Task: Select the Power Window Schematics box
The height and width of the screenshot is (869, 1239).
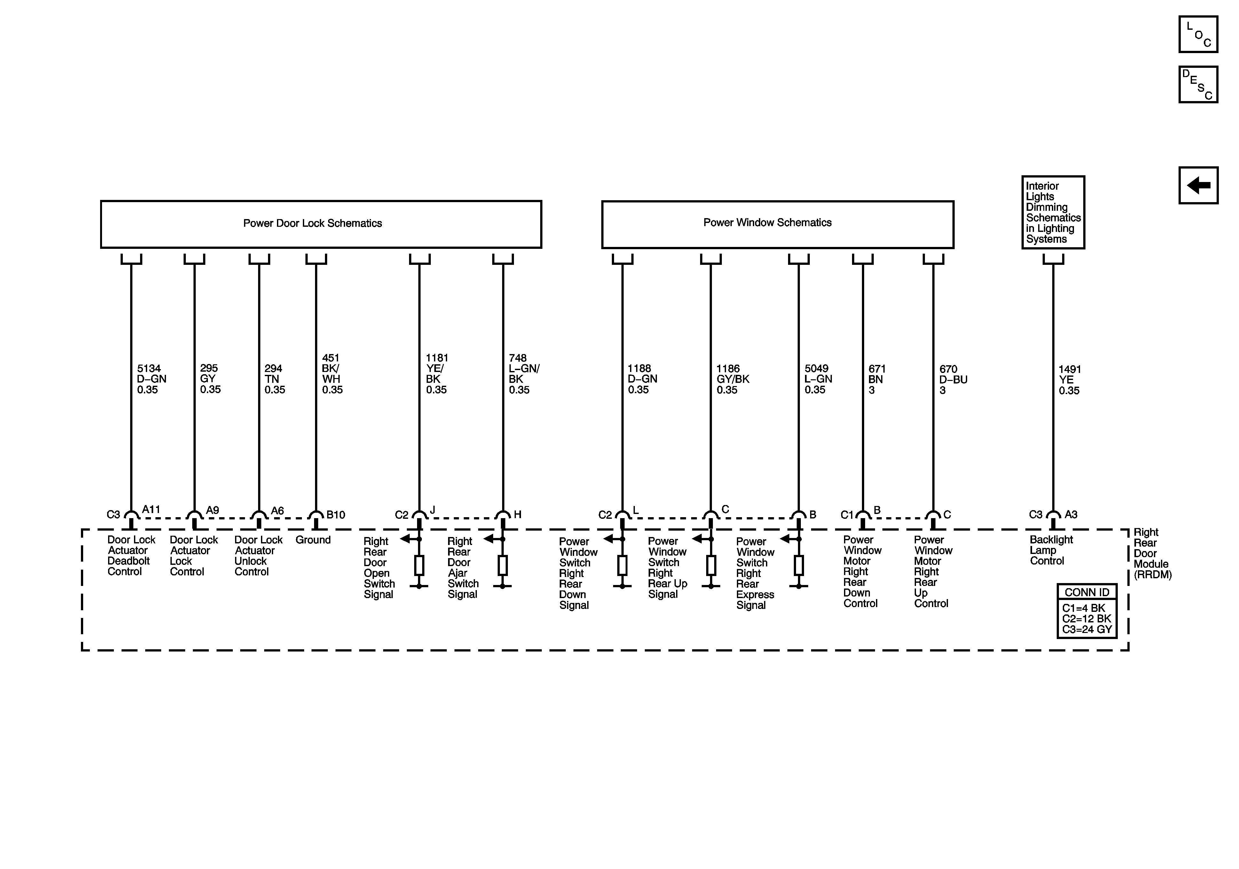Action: [777, 224]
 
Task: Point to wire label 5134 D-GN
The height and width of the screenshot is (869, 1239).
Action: [151, 379]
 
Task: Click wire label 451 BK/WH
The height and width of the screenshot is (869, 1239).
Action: [331, 374]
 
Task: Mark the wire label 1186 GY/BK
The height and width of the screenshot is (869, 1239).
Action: [732, 379]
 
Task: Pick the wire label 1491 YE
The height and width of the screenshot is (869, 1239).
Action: [1069, 380]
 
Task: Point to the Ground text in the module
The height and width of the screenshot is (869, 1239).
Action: [313, 540]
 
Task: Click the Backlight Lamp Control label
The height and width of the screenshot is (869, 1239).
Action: [1051, 550]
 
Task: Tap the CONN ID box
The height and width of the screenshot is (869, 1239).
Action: [1086, 611]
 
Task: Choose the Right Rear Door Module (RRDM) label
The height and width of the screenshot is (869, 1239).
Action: [1152, 553]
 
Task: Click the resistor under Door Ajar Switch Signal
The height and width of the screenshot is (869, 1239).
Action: [502, 565]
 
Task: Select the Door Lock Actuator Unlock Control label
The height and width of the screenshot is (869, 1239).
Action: [258, 556]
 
